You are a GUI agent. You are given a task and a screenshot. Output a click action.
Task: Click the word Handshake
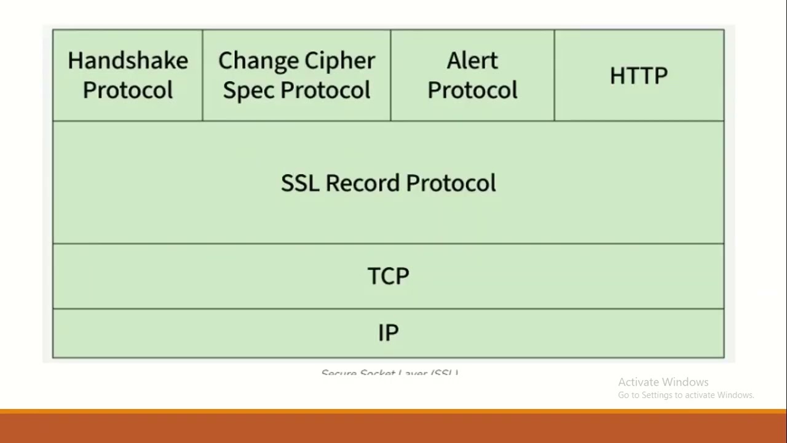128,60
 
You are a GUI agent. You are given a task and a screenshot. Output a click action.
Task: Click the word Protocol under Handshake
128,90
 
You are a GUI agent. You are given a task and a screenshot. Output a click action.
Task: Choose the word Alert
472,60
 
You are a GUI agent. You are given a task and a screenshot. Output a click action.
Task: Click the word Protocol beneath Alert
472,90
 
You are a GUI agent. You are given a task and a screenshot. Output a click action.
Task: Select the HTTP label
638,76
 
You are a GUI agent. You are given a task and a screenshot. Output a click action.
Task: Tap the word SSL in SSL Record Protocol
299,183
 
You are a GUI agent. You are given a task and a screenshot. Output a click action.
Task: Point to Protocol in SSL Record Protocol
451,183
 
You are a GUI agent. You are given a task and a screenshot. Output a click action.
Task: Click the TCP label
388,276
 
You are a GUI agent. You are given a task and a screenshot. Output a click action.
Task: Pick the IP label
388,333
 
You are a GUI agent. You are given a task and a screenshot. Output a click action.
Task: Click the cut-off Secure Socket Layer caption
390,373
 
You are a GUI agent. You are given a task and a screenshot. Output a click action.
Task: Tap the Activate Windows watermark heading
663,382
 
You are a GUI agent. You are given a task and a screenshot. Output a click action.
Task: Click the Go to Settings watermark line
686,395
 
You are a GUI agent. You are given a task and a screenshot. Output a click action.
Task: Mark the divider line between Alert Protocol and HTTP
554,75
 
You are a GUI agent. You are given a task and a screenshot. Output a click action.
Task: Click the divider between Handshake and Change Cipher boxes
202,75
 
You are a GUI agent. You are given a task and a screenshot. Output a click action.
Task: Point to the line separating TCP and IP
388,308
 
